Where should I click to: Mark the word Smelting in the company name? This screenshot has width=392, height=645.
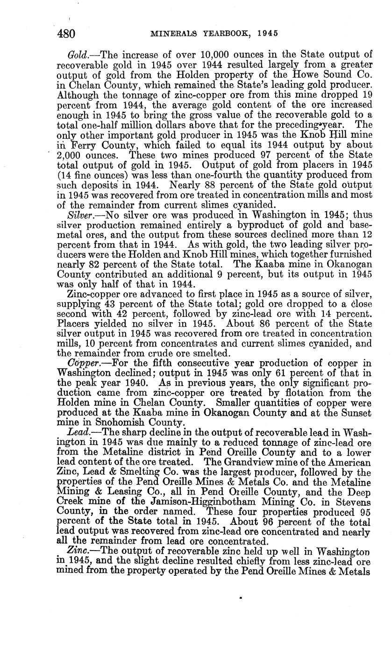pyautogui.click(x=135, y=473)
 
